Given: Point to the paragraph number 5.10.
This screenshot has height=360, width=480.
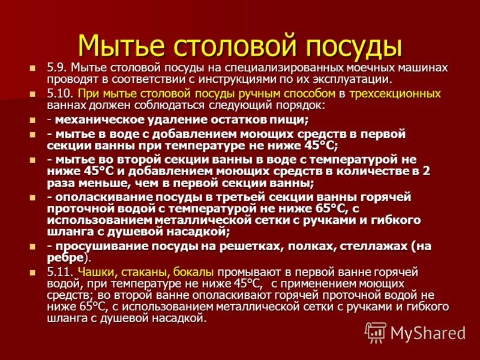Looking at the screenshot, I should coord(60,94).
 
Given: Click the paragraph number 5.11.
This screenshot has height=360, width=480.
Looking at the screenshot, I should coord(60,272).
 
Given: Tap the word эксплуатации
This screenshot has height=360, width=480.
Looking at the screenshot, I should coord(358,79).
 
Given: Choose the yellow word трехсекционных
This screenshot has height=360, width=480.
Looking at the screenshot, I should coord(395,94).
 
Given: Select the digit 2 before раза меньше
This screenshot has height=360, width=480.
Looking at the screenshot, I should coord(427,170).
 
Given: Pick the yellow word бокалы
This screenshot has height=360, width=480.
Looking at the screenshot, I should coord(194,272).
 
